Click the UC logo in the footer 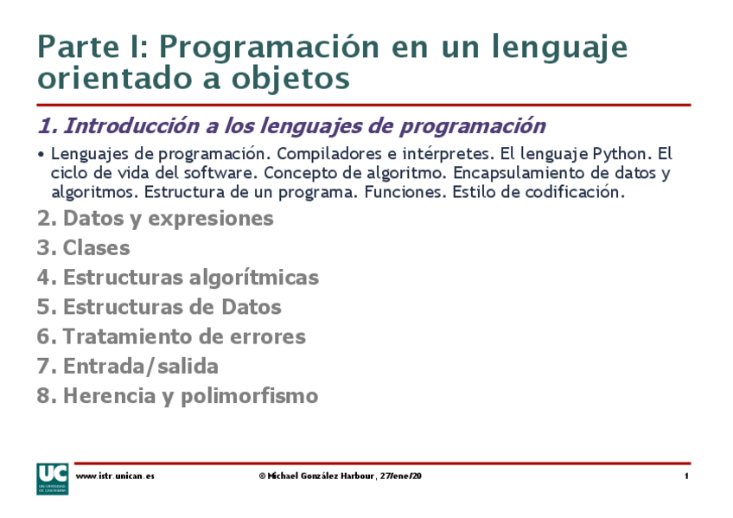[51, 478]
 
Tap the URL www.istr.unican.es [115, 476]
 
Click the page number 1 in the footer [686, 476]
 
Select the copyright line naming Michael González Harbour [340, 476]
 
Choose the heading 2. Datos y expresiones [156, 219]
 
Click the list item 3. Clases [84, 248]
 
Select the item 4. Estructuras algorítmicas [178, 278]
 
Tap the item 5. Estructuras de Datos [159, 307]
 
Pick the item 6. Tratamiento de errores [171, 336]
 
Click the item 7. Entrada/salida [128, 366]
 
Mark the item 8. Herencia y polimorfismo [178, 396]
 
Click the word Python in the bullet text [619, 154]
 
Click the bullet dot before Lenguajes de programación [41, 155]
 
